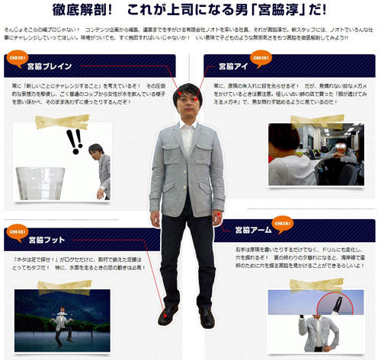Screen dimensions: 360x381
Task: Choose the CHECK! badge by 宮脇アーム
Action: pos(284,225)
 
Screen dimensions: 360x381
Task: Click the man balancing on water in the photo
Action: pos(60,321)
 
